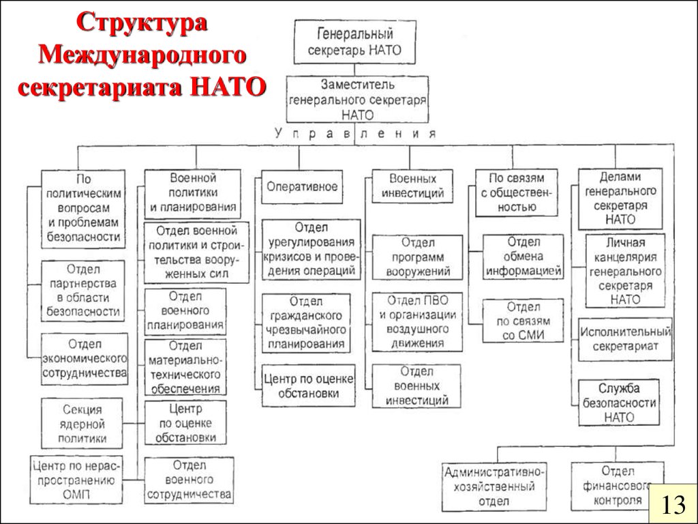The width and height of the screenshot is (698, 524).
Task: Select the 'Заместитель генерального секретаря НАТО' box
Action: (357, 98)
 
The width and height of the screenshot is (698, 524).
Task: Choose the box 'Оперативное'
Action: (302, 186)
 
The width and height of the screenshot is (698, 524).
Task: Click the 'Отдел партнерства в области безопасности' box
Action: (83, 291)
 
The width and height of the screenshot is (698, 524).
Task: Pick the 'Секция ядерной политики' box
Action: (82, 424)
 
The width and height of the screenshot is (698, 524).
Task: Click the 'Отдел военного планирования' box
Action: (186, 311)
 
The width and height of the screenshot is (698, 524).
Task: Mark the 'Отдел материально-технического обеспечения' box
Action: (186, 368)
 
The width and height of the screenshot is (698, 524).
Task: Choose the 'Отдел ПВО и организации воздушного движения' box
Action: (417, 321)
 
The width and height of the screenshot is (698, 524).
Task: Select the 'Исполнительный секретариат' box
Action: (624, 339)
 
